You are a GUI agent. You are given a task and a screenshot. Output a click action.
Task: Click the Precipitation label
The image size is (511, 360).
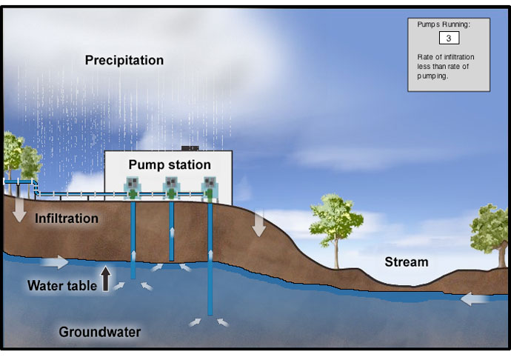[x=124, y=60]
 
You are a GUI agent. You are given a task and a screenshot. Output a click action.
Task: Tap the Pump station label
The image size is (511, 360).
[x=170, y=164]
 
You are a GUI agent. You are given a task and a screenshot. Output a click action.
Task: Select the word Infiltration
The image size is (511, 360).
[x=67, y=219]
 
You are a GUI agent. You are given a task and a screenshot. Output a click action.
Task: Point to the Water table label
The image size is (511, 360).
[x=62, y=286]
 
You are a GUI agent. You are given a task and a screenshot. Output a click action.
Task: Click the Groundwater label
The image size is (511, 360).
[x=100, y=332]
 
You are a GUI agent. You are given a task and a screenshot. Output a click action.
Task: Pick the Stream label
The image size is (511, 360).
[x=407, y=261]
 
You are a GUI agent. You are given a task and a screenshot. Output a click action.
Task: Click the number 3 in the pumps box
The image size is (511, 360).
[x=449, y=38]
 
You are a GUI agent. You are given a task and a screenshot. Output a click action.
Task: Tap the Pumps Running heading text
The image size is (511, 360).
[x=444, y=24]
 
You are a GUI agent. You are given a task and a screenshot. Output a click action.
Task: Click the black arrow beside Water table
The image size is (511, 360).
[x=105, y=279]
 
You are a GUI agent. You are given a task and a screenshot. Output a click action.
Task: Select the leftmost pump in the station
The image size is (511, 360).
[x=133, y=188]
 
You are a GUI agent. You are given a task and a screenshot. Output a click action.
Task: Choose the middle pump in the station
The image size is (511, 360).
[x=171, y=188]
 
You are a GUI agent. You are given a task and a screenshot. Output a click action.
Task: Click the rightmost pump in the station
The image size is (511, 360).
[x=210, y=188]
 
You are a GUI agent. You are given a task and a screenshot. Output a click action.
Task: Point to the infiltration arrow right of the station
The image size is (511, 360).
[x=259, y=224]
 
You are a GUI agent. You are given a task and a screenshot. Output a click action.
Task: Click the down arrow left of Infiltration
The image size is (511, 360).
[x=19, y=210]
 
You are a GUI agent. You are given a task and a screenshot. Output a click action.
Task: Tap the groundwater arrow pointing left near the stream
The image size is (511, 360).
[x=475, y=299]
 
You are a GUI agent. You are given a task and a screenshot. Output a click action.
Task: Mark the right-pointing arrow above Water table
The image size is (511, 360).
[x=55, y=261]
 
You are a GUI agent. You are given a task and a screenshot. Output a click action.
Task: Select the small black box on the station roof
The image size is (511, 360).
[x=190, y=148]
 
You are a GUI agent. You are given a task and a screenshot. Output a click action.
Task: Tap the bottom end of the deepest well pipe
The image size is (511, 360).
[x=210, y=314]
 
